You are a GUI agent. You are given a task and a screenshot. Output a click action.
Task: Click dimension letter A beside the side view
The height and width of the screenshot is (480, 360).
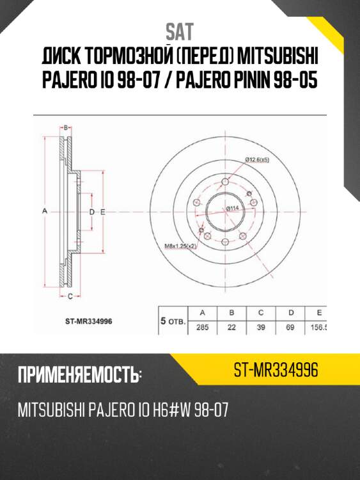(x=45, y=211)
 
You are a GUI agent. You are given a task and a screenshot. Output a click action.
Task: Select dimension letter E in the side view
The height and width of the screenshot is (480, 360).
(x=102, y=211)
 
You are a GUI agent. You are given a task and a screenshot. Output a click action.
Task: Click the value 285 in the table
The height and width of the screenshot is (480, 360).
(x=203, y=327)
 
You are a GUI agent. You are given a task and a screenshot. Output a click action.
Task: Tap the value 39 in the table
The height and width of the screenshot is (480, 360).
(x=261, y=327)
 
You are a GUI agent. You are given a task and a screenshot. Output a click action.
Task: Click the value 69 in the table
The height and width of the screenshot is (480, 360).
(x=290, y=327)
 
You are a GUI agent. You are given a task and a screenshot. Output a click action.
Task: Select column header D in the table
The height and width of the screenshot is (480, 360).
(x=290, y=313)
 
